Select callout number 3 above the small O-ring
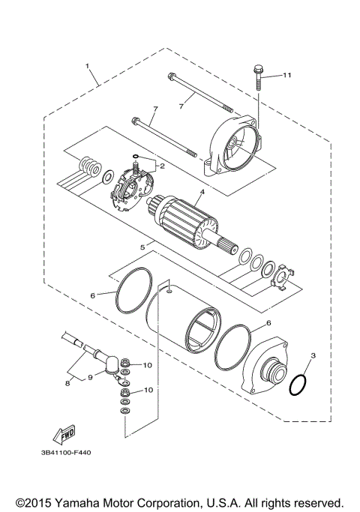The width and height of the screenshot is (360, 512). pos(313,354)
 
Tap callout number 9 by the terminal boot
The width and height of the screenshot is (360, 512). pos(89,377)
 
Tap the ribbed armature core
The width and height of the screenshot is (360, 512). pos(187,218)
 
